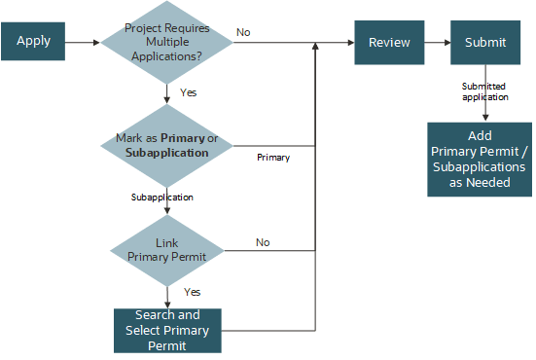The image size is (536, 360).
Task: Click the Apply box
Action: coord(34,42)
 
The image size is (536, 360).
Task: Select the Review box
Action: coord(389,42)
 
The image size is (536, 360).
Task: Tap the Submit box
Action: coord(484,42)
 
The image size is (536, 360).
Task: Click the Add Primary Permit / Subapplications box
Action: coord(480,159)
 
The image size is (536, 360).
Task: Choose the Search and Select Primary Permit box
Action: coord(167,331)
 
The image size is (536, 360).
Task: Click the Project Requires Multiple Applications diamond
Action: coord(167,43)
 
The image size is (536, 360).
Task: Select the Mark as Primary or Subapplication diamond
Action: coord(167,145)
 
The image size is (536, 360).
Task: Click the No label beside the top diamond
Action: coord(243,33)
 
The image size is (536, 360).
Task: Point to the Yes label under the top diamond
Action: coord(188,92)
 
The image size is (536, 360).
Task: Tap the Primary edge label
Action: coord(273,156)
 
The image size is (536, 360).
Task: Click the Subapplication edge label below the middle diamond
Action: coord(161,198)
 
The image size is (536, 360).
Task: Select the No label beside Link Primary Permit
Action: coord(263,242)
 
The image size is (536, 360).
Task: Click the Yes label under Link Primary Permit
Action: coord(193,292)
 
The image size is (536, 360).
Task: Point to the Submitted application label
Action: coord(483,91)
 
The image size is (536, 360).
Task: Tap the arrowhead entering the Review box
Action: coord(350,42)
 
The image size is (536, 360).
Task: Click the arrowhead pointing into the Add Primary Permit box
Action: coord(484,117)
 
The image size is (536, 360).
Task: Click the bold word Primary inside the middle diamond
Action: coord(183,138)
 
